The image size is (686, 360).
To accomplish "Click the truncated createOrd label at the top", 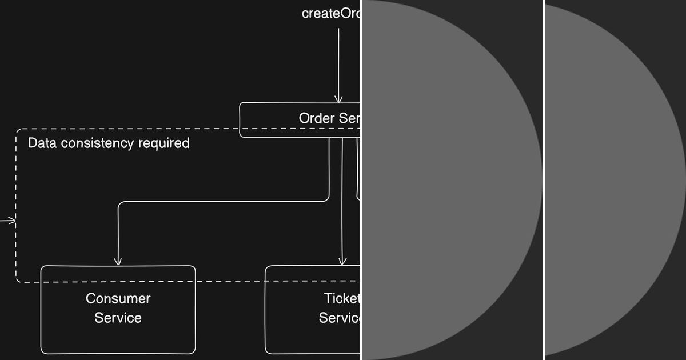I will (331, 14).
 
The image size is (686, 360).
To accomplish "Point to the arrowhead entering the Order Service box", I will (338, 99).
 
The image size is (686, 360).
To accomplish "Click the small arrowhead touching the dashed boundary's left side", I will (11, 220).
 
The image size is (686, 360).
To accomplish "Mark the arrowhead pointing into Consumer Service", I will (118, 262).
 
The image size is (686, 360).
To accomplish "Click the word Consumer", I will (118, 298).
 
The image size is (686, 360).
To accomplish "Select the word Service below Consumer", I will (118, 318).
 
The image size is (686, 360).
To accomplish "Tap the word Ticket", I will (342, 298).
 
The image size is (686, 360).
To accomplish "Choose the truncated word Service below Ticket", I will (340, 318).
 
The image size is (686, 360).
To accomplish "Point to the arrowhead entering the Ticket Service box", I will (342, 262).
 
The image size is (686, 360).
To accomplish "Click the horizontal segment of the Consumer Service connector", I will (223, 201).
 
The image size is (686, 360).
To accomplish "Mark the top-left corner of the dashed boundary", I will (17, 130).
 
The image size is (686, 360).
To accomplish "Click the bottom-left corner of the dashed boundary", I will (17, 281).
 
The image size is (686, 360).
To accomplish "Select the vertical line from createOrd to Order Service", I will (338, 63).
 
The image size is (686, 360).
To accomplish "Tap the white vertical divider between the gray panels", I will (543, 180).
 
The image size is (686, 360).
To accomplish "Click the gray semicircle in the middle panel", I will (446, 180).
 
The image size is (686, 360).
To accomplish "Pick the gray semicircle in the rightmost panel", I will (612, 180).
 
